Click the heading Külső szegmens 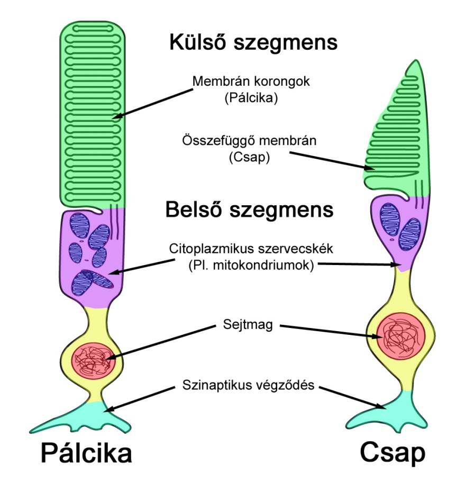click(x=253, y=43)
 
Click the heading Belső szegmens click(x=249, y=210)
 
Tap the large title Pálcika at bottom click(x=86, y=454)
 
